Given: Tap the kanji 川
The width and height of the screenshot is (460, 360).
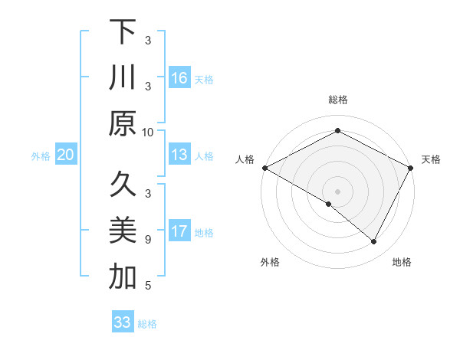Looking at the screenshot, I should pyautogui.click(x=123, y=78).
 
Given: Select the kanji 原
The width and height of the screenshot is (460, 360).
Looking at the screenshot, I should pyautogui.click(x=123, y=124).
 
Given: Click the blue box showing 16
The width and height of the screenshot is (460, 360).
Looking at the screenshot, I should pyautogui.click(x=179, y=77).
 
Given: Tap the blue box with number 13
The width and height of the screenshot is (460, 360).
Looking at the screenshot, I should pyautogui.click(x=179, y=155).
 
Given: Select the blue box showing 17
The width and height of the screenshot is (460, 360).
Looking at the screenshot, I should pyautogui.click(x=179, y=231).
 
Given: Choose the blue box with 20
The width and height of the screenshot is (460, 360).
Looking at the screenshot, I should pyautogui.click(x=65, y=155).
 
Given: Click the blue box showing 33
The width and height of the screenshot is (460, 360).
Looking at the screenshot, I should pyautogui.click(x=122, y=322).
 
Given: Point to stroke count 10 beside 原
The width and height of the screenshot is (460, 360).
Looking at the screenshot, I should pyautogui.click(x=148, y=131).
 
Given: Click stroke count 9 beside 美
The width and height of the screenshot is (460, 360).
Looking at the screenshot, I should pyautogui.click(x=148, y=240).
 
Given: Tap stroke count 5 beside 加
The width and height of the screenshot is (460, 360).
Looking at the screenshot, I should pyautogui.click(x=148, y=286).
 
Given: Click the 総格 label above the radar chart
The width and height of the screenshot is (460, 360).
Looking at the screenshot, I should pyautogui.click(x=337, y=100).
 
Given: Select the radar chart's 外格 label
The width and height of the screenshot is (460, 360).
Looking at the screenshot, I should pyautogui.click(x=270, y=263).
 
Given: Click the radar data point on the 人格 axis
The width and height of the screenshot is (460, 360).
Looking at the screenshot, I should pyautogui.click(x=264, y=168).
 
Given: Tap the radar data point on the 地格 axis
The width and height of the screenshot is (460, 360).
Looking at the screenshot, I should pyautogui.click(x=374, y=241).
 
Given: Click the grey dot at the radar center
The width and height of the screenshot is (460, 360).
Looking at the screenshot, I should pyautogui.click(x=337, y=191).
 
